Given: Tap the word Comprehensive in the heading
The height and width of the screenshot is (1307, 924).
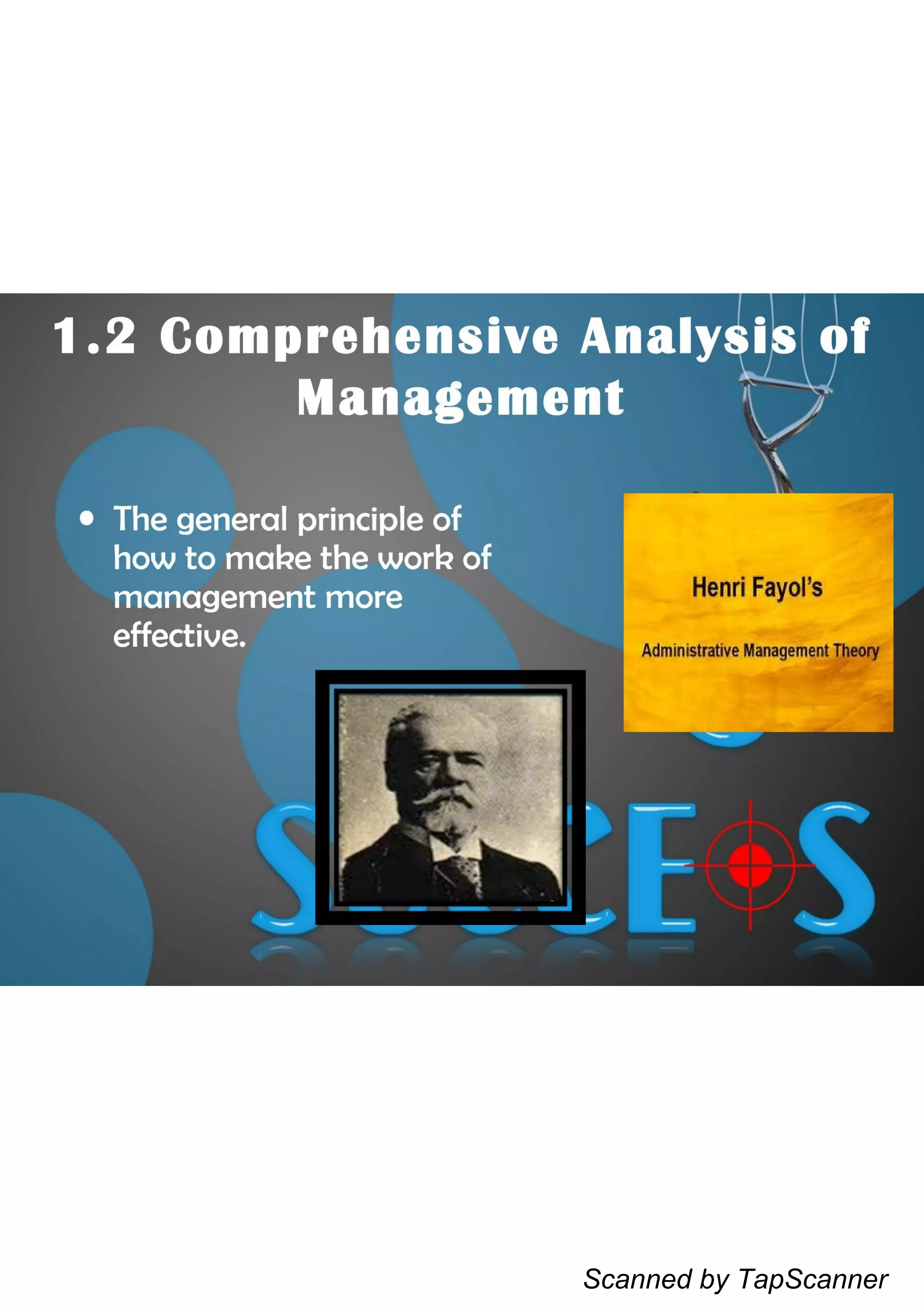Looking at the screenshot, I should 359,336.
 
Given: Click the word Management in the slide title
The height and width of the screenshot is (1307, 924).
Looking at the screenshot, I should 460,398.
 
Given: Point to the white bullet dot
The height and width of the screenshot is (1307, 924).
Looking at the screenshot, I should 87,518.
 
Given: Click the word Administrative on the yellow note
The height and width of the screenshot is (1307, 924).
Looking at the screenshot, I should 689,650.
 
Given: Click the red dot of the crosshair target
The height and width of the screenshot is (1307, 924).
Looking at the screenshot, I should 750,865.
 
